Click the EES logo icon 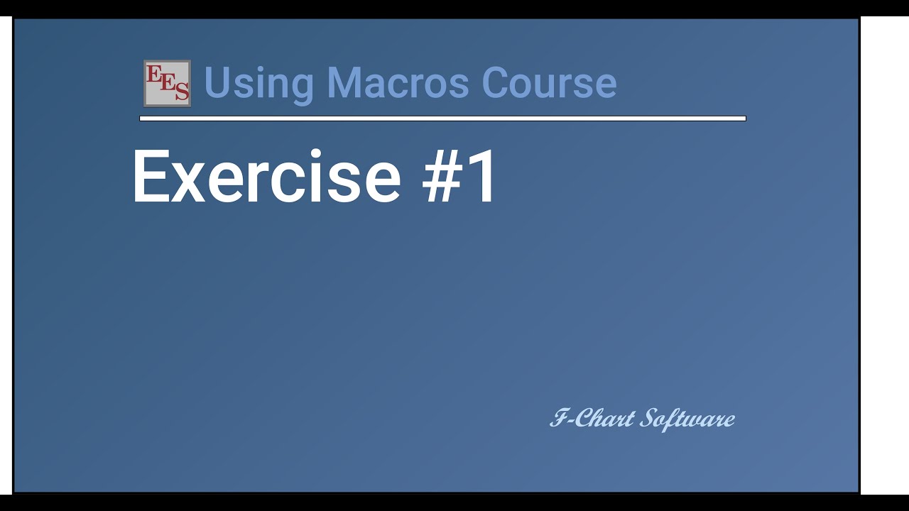pyautogui.click(x=167, y=83)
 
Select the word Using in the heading pyautogui.click(x=258, y=83)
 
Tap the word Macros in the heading pyautogui.click(x=397, y=83)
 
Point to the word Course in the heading pyautogui.click(x=549, y=83)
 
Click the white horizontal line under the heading pyautogui.click(x=442, y=119)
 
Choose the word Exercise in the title pyautogui.click(x=266, y=177)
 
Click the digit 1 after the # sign pyautogui.click(x=483, y=177)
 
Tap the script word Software pyautogui.click(x=687, y=419)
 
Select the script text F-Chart pyautogui.click(x=592, y=419)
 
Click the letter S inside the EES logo pyautogui.click(x=182, y=92)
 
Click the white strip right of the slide pyautogui.click(x=885, y=255)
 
